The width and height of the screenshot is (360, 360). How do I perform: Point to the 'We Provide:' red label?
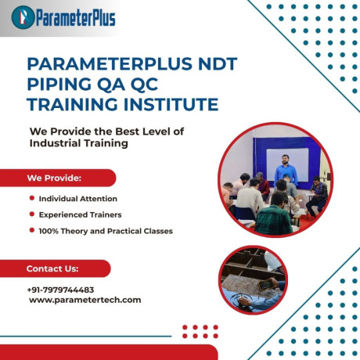(x=55, y=178)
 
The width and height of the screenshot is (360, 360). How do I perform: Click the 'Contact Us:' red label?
(x=52, y=268)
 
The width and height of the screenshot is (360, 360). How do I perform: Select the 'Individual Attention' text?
(x=77, y=199)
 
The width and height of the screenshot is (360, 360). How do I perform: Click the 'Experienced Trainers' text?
(x=80, y=214)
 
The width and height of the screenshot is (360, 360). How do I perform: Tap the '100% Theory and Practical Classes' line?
(x=106, y=231)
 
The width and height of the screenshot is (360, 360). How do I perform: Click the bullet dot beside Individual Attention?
(x=31, y=199)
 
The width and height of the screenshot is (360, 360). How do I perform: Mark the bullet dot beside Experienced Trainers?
(x=31, y=214)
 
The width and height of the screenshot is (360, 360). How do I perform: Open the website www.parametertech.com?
(x=85, y=300)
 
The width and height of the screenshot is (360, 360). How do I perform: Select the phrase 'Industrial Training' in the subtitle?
(x=78, y=144)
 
